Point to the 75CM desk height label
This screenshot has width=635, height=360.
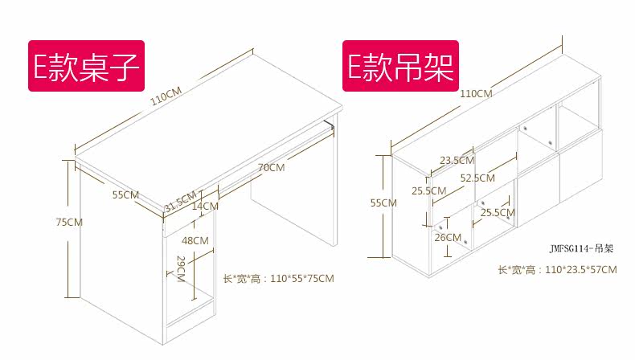coord(69,222)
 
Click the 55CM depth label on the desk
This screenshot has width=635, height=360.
coord(126,194)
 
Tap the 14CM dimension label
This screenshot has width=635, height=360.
coord(205,207)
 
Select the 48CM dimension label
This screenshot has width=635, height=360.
coord(195,240)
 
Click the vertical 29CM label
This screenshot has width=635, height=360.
coord(181,269)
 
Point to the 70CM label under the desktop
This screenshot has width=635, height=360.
coord(271,168)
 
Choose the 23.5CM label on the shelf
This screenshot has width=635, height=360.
coord(456,160)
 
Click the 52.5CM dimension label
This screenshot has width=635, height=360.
coord(477,178)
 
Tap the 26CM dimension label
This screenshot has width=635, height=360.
coord(448,237)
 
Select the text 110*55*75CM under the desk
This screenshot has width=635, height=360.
coord(278,279)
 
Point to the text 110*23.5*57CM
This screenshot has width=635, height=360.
coord(557,270)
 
